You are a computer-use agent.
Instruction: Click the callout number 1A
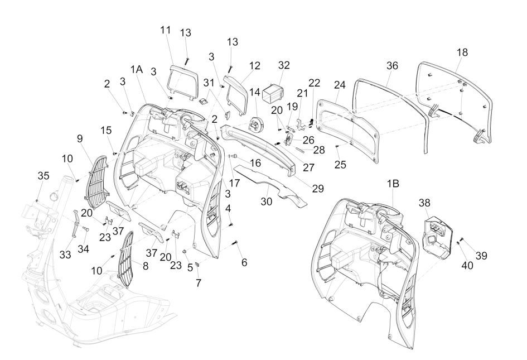click(x=137, y=69)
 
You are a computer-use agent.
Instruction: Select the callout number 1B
click(x=393, y=184)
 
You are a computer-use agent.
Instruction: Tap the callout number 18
click(x=462, y=52)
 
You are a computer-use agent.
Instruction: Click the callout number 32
click(x=284, y=65)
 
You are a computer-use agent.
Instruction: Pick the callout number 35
click(x=43, y=176)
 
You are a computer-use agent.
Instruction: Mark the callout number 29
click(x=317, y=189)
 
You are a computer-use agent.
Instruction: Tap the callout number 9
click(x=79, y=137)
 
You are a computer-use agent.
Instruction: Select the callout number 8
click(x=146, y=266)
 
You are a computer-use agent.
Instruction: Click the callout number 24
click(x=340, y=85)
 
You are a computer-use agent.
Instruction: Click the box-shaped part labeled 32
click(x=275, y=92)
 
